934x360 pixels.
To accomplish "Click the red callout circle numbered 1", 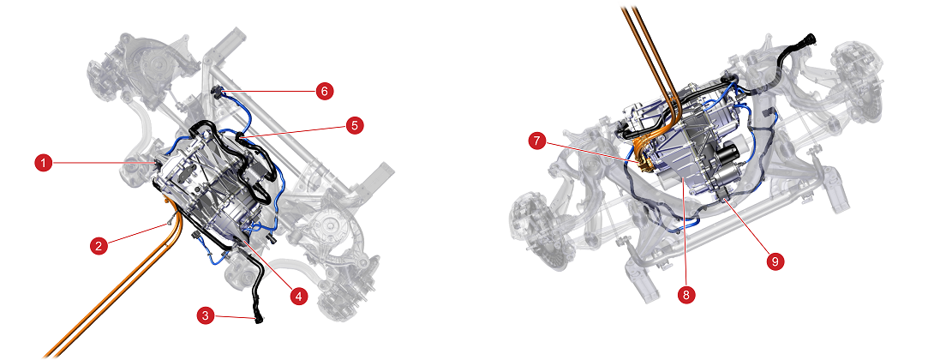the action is click(43, 163).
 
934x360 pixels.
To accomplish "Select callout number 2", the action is click(99, 245).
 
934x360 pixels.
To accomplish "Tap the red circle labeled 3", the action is click(206, 316).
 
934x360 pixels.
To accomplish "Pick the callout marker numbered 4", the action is click(298, 297).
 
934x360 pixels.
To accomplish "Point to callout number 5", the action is click(355, 125).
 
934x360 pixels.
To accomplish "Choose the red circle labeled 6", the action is click(325, 91).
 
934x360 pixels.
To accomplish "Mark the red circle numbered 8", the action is click(686, 295).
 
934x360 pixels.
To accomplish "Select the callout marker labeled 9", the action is click(775, 261).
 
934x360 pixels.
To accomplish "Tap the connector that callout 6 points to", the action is click(218, 91).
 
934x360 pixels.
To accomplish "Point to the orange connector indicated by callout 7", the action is click(642, 161).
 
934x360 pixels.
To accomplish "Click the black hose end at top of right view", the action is click(809, 40).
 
